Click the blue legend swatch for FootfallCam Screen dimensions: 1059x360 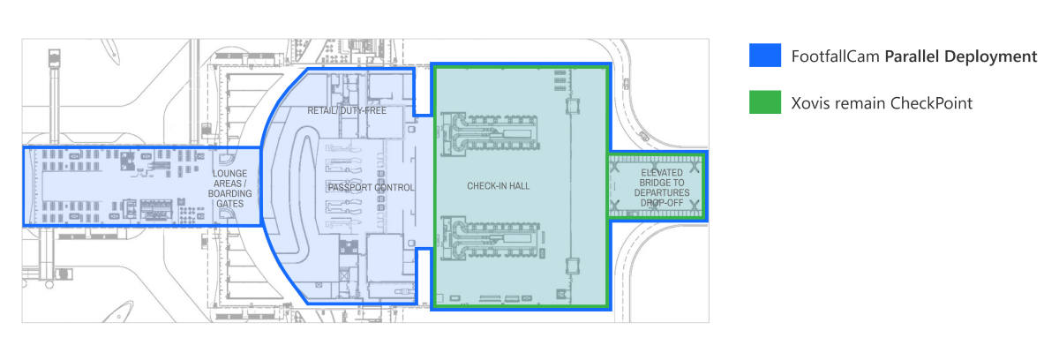pos(765,56)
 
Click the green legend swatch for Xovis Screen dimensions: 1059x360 pos(765,102)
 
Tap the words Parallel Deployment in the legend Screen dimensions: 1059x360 pos(961,56)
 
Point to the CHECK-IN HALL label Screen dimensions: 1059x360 pos(499,186)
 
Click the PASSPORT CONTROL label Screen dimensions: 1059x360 pos(372,188)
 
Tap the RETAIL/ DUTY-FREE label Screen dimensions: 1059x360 pos(347,110)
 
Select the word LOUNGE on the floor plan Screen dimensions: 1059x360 pos(229,174)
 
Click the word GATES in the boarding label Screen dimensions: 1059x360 pos(230,204)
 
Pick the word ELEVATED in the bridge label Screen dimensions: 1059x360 pos(662,172)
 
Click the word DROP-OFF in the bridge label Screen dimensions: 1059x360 pos(662,203)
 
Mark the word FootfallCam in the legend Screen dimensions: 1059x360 pos(836,56)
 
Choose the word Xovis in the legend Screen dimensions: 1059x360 pos(809,103)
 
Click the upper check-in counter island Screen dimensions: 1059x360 pos(491,134)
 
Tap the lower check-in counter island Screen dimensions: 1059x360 pos(492,238)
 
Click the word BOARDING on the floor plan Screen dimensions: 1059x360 pos(230,194)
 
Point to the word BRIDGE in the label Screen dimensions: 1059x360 pos(653,183)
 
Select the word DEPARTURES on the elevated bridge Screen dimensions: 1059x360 pos(662,192)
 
